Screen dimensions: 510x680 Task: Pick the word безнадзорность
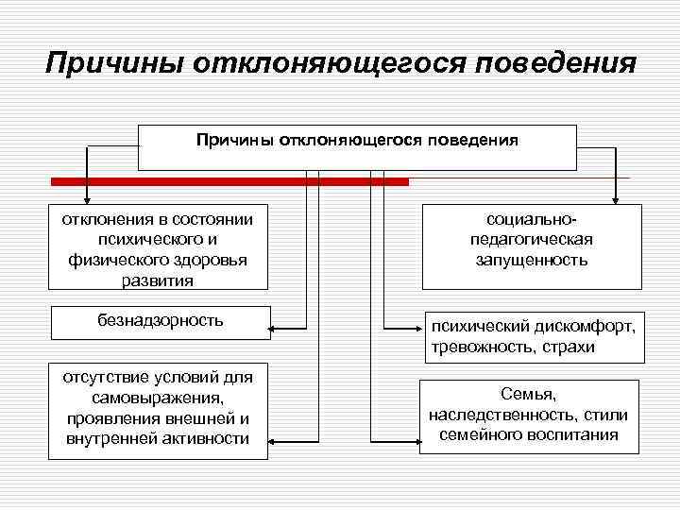click(x=160, y=319)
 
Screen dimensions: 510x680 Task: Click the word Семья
click(x=528, y=396)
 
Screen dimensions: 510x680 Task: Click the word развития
click(x=158, y=280)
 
